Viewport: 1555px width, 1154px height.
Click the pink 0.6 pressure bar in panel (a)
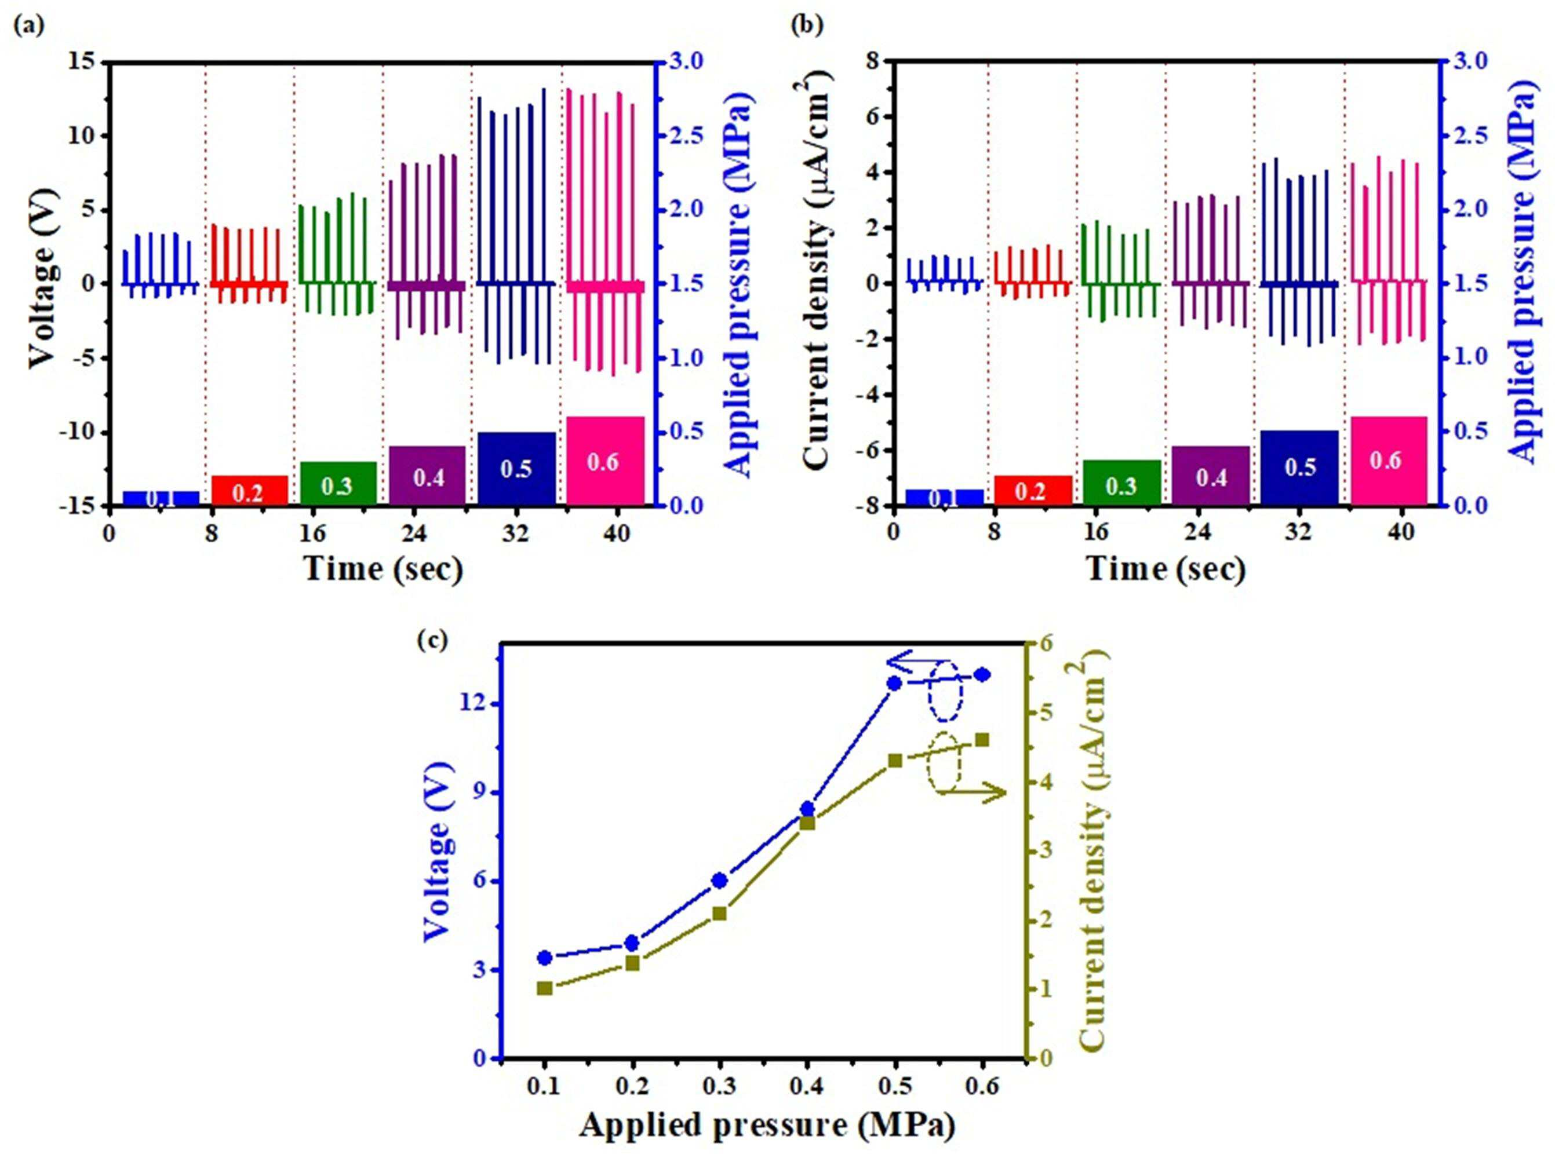coord(605,461)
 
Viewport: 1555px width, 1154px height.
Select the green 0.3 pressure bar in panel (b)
coord(1121,482)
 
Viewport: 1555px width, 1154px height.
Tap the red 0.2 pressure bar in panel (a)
coord(249,490)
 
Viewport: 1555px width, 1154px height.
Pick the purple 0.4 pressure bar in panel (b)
coord(1211,475)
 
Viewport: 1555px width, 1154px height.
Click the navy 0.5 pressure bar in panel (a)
coord(516,468)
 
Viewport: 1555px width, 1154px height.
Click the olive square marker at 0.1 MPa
coord(544,988)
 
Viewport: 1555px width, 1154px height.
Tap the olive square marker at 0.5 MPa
coord(894,761)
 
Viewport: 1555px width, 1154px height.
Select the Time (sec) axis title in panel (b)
coord(1166,569)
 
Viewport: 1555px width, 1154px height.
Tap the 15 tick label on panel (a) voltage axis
coord(82,62)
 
